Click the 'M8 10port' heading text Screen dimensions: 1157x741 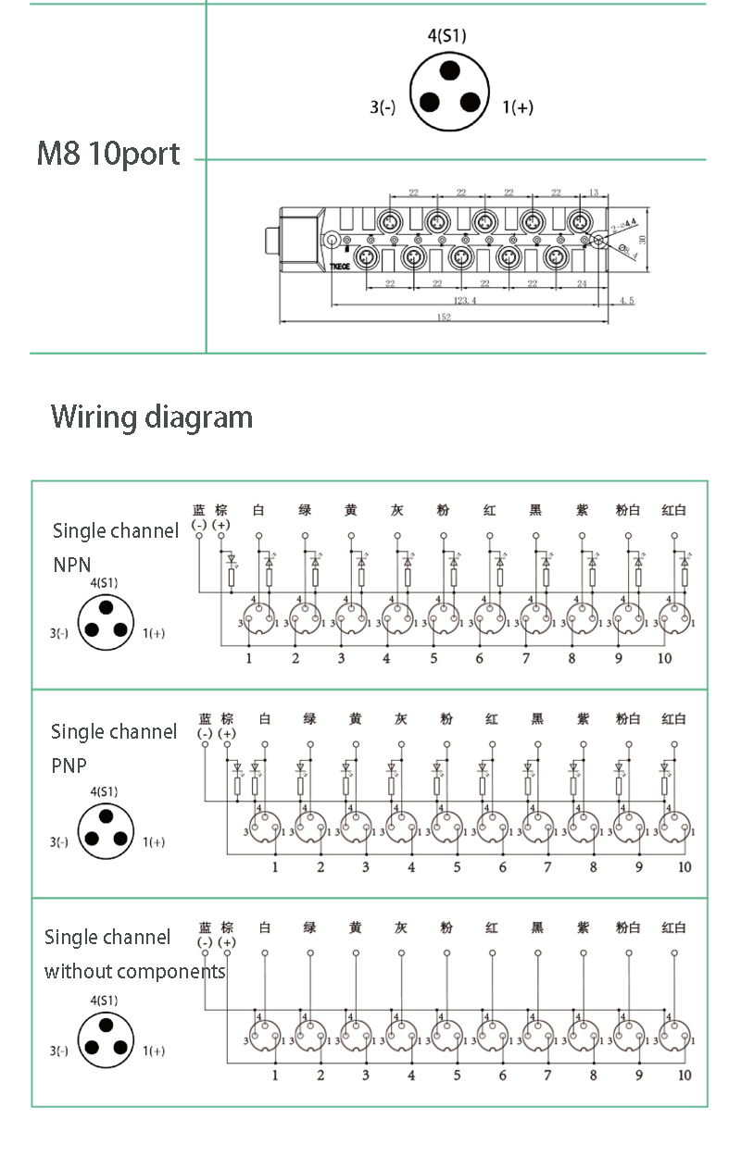[x=108, y=154]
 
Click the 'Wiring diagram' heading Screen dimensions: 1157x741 [x=152, y=417]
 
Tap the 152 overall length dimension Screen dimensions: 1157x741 [x=444, y=317]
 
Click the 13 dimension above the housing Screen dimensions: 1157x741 [x=594, y=193]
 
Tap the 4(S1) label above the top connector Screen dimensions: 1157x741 [x=447, y=36]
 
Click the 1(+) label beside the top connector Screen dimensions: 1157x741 [x=518, y=107]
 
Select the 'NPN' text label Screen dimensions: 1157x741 [x=72, y=564]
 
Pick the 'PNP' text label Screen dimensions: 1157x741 [x=70, y=765]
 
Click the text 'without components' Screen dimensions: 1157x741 [x=135, y=972]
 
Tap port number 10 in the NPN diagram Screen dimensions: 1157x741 [x=664, y=658]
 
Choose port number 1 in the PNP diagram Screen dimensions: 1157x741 [x=275, y=867]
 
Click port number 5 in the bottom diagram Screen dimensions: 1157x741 [x=457, y=1076]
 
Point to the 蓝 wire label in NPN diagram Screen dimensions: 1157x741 [x=199, y=510]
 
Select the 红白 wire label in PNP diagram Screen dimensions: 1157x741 [x=674, y=719]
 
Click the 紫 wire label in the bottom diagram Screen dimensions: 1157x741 [x=583, y=927]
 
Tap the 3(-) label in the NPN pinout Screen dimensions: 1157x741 [x=59, y=634]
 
